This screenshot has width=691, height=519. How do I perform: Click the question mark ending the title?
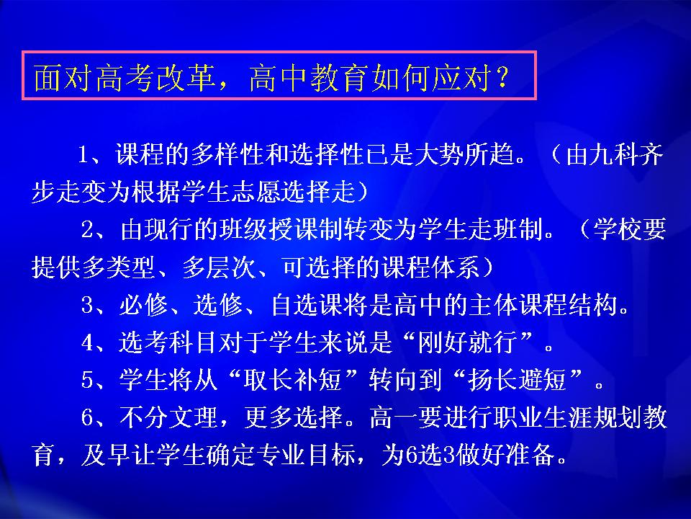(x=502, y=78)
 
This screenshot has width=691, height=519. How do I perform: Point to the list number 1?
(x=83, y=154)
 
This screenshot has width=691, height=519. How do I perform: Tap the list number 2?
(x=87, y=229)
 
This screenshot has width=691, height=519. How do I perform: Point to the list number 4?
(x=87, y=342)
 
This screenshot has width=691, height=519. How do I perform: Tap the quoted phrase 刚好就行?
(x=468, y=342)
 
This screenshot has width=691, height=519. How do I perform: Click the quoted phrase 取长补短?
(x=294, y=380)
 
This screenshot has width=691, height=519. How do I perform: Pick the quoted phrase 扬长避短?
(x=518, y=380)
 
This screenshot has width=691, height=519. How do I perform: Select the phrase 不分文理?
(x=168, y=417)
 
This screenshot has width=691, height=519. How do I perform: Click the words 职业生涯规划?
(x=543, y=417)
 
